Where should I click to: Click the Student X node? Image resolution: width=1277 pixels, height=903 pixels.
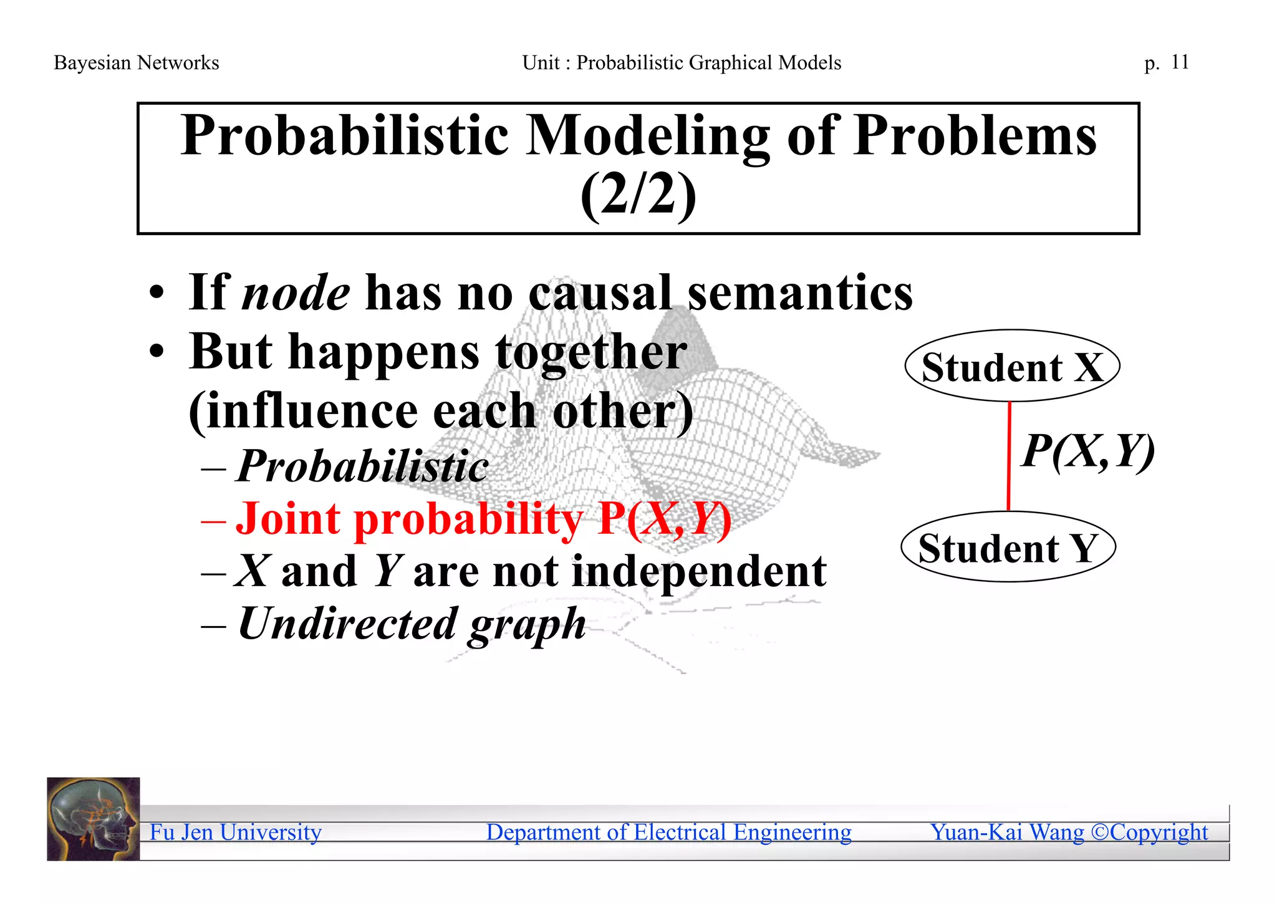[x=1012, y=366]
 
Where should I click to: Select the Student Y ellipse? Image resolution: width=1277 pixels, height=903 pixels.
[x=1008, y=548]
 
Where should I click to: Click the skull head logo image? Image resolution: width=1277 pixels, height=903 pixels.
[x=94, y=819]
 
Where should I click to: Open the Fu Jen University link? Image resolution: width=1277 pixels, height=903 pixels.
[x=236, y=832]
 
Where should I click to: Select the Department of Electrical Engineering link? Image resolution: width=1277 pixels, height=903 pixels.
[x=668, y=832]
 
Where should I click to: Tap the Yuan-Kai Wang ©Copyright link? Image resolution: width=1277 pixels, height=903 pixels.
[x=1069, y=832]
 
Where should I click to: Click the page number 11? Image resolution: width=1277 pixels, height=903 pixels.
[x=1180, y=62]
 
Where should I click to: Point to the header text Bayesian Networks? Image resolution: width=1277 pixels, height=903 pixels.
[x=137, y=63]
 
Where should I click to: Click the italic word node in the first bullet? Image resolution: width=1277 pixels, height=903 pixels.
[x=296, y=293]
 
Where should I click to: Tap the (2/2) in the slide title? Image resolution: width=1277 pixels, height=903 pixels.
[x=638, y=195]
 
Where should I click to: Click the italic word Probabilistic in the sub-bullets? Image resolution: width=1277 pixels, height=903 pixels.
[x=363, y=466]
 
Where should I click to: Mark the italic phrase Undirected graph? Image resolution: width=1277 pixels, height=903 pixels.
[x=412, y=624]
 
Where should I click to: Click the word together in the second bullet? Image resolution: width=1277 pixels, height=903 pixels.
[x=591, y=352]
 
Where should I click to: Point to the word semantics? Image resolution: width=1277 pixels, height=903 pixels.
[x=800, y=293]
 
